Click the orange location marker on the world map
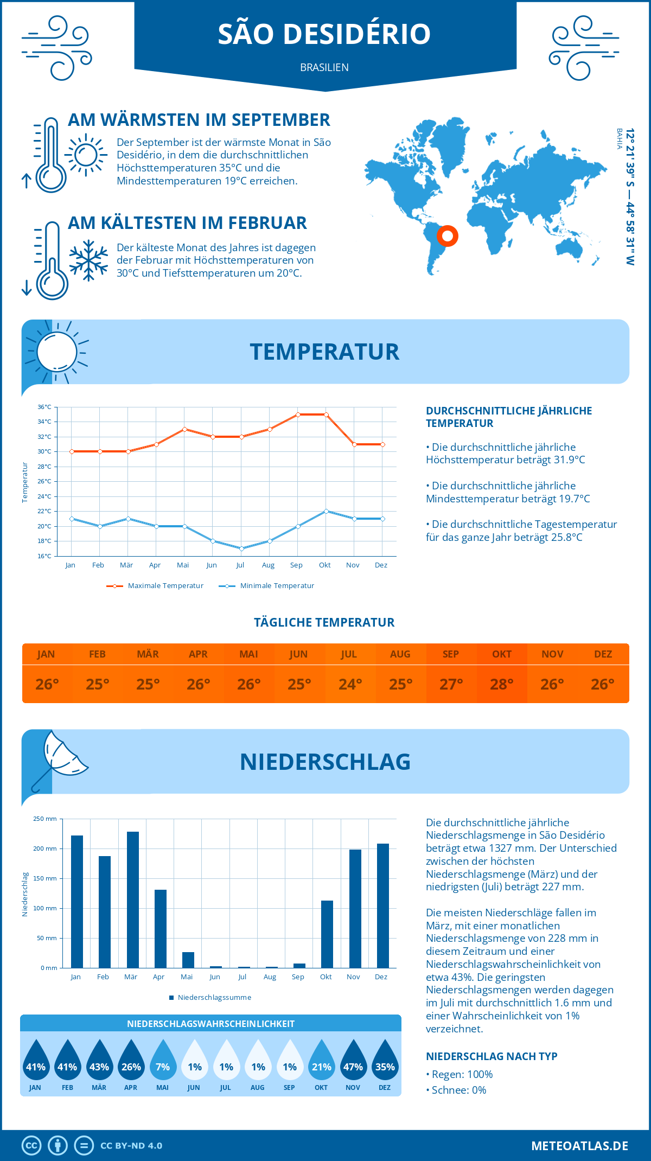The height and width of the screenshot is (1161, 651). [448, 236]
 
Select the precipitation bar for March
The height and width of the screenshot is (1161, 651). [132, 900]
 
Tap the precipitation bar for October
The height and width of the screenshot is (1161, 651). [327, 934]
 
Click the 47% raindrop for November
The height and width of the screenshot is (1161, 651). [353, 1062]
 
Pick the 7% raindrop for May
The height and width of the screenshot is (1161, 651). [163, 1062]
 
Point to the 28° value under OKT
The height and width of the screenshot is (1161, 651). [502, 684]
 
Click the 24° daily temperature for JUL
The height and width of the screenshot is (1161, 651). [350, 684]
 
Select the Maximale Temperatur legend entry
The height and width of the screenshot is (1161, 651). [155, 586]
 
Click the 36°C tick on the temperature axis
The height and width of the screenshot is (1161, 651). [44, 407]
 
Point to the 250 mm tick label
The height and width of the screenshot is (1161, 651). [45, 819]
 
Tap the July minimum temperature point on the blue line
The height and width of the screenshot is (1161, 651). [241, 548]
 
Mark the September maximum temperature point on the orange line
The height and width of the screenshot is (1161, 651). [298, 414]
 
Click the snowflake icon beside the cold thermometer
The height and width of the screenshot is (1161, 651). [88, 260]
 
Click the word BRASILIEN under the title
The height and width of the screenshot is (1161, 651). [324, 67]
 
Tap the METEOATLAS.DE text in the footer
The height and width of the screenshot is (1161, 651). [579, 1146]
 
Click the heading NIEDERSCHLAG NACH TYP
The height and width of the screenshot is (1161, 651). [492, 1056]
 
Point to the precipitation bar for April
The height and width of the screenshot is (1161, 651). [161, 928]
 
